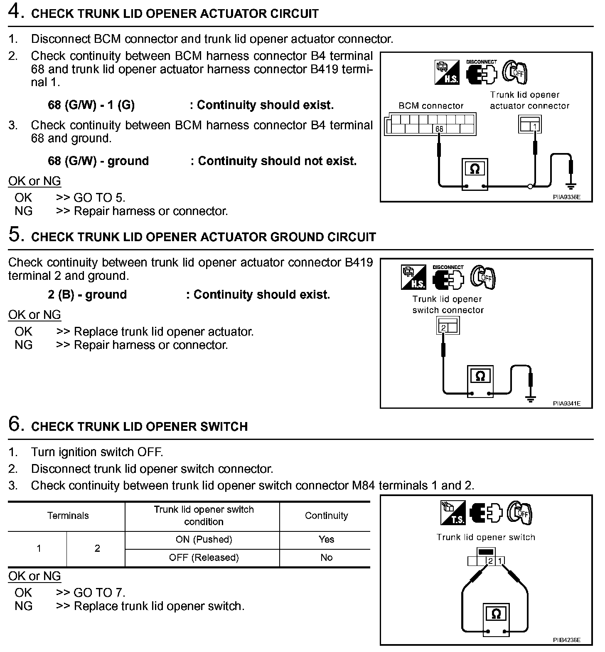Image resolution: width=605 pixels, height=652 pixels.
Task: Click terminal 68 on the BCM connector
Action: click(439, 129)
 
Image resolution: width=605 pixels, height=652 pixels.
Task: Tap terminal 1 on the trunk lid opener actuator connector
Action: click(535, 126)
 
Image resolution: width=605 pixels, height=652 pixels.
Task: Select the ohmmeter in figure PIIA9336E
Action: click(475, 173)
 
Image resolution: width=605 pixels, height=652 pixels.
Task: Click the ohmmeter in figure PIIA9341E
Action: click(480, 381)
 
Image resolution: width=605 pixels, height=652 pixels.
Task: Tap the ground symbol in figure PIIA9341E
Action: click(530, 399)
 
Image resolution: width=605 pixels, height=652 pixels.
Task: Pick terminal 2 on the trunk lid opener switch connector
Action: click(443, 328)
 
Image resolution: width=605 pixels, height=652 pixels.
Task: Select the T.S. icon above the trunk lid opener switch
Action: click(453, 513)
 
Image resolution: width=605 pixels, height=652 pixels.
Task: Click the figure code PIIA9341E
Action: click(566, 403)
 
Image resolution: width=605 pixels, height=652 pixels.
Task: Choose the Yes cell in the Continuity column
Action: click(326, 539)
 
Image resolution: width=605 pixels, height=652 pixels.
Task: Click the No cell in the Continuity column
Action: click(326, 558)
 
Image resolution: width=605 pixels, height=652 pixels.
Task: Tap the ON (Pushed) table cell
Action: click(204, 539)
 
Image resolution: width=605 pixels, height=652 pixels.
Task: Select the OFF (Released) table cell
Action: click(204, 558)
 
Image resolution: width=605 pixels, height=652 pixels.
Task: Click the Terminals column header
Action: click(68, 516)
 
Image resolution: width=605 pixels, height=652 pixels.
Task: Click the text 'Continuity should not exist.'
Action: click(277, 161)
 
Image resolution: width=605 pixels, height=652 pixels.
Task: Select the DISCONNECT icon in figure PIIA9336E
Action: click(481, 72)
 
